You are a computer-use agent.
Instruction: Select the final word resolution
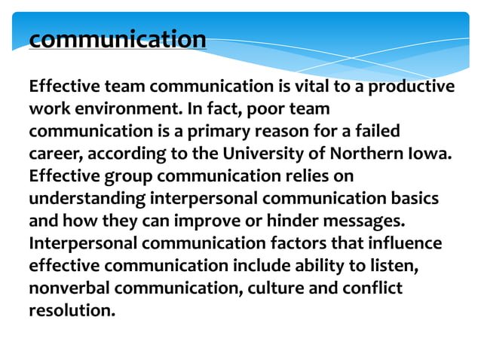pos(72,310)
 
